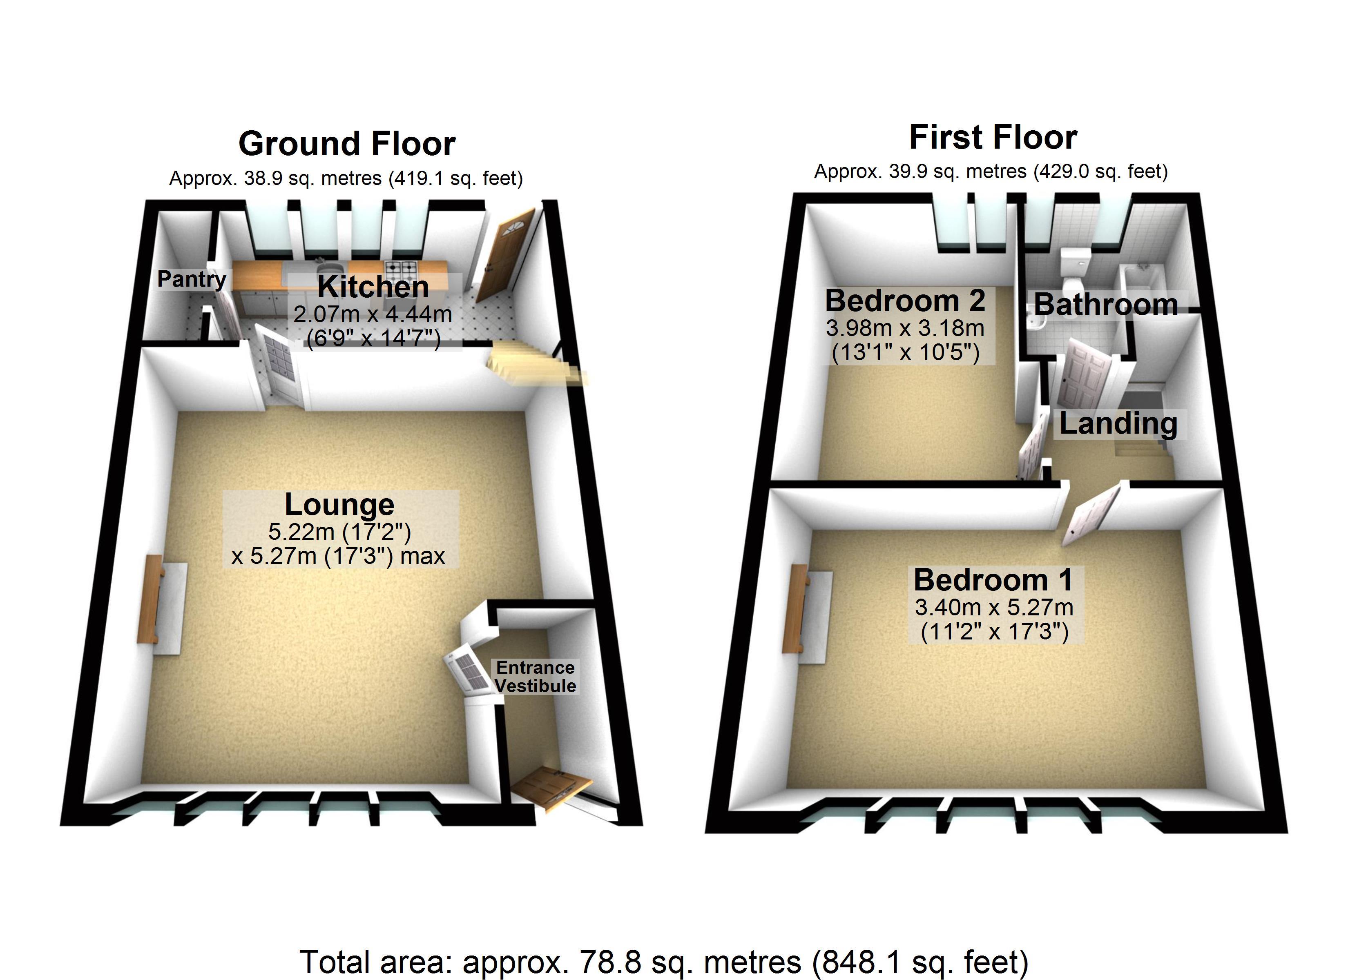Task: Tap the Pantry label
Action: pos(192,279)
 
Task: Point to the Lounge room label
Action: pos(339,505)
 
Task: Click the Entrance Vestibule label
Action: pos(535,676)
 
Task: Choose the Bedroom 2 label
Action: pos(905,301)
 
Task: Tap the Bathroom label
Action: pos(1105,304)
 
